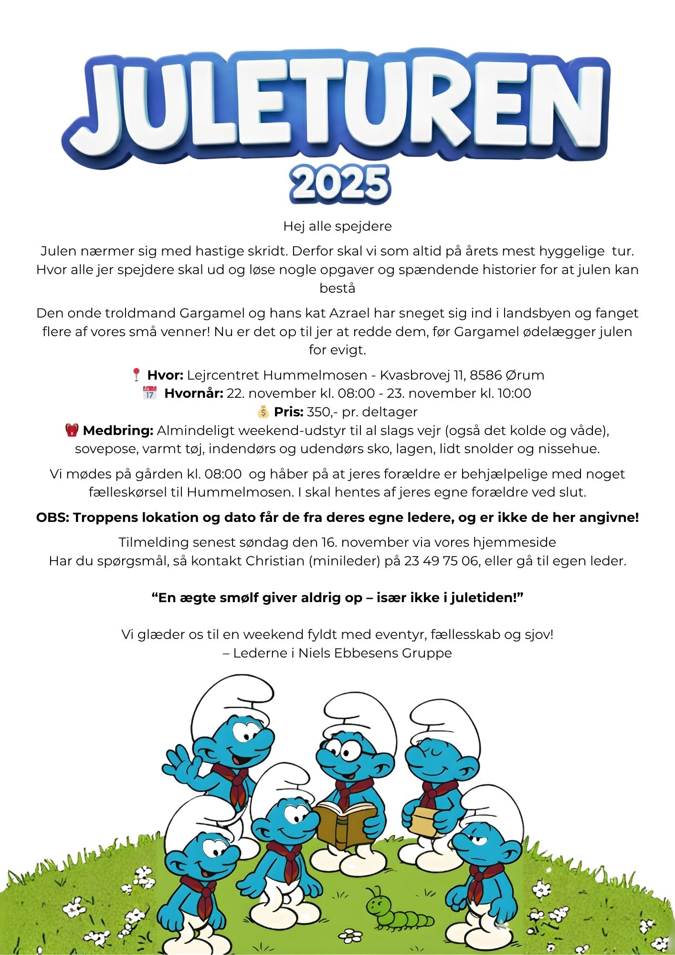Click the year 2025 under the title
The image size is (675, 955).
tap(339, 183)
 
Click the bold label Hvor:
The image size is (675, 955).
tap(165, 375)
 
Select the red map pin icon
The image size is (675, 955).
tap(136, 374)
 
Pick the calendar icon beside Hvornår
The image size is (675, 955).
tap(149, 393)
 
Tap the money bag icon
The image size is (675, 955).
tap(263, 412)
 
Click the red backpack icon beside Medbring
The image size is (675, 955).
tap(72, 430)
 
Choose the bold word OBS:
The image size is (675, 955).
tap(53, 518)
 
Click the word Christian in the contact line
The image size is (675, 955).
tap(274, 561)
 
